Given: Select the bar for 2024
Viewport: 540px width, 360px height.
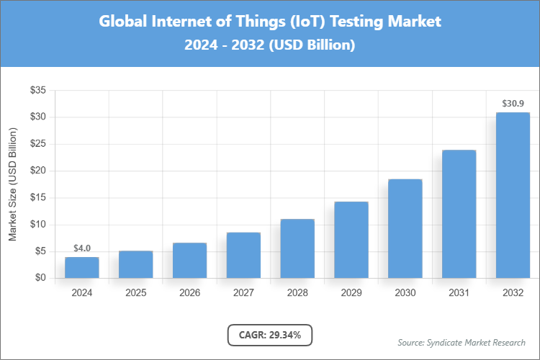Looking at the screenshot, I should point(81,267).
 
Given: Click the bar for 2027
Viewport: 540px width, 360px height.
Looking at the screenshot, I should point(243,255).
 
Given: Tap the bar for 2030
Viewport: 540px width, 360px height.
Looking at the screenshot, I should point(405,228).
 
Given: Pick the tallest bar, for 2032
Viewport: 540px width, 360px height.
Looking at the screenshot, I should point(513,195).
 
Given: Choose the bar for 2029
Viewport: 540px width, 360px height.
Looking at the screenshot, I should point(351,240).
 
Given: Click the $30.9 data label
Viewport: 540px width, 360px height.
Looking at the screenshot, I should point(513,104).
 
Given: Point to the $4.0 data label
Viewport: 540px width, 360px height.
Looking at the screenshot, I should point(81,248).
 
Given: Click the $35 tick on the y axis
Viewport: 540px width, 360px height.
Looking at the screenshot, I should point(37,91).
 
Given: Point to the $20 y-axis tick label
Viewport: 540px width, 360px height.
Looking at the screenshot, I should point(37,171).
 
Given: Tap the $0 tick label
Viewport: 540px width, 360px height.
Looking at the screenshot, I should point(40,279).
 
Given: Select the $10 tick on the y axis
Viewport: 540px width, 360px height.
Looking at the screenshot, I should point(37,225).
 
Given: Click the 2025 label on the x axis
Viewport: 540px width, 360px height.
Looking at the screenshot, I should point(135,294).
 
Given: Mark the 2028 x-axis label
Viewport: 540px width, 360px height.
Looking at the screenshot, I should point(297,294).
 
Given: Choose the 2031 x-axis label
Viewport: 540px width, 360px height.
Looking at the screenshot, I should point(459,294).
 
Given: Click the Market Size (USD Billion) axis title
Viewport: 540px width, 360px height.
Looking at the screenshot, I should point(12,185).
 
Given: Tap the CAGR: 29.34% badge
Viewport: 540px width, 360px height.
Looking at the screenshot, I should point(270,335).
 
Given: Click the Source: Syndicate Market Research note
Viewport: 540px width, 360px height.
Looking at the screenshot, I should point(461,342).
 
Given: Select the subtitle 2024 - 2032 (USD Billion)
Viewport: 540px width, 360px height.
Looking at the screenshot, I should point(270,45).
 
